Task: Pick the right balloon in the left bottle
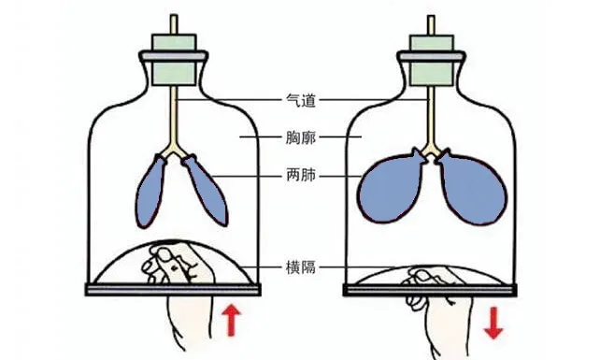tap(206, 191)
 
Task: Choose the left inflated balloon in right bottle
tap(392, 184)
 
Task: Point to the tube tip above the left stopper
tap(175, 20)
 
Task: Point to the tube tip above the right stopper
tap(431, 20)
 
